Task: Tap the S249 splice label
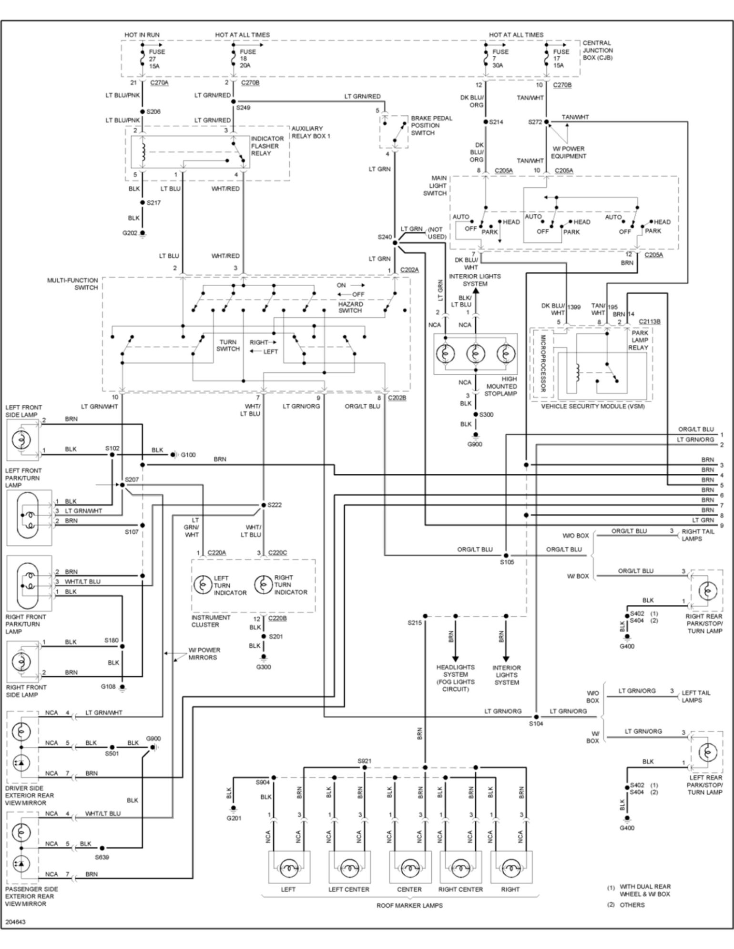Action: [x=243, y=108]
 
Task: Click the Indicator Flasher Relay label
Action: [x=267, y=146]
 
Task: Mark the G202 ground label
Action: [x=130, y=233]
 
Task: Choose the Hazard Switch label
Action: [x=350, y=307]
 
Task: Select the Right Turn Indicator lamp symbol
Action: [x=263, y=585]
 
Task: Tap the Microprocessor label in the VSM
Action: [x=542, y=363]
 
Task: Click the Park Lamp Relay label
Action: [x=640, y=340]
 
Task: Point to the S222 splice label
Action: [x=275, y=505]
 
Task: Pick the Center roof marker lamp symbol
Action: [x=409, y=868]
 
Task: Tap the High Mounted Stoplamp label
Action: [x=501, y=386]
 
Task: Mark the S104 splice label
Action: [x=536, y=723]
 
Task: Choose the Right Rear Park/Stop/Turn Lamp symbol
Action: [x=707, y=590]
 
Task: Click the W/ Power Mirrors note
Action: [x=204, y=653]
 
